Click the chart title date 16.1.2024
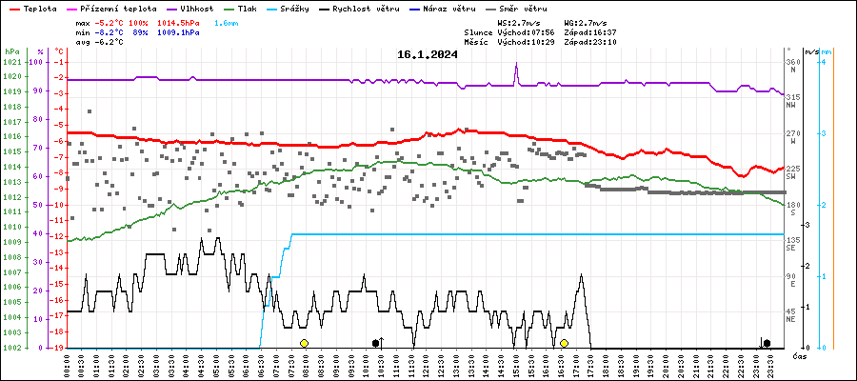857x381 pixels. tap(428, 54)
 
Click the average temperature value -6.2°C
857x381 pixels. tap(111, 42)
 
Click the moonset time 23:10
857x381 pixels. tap(604, 42)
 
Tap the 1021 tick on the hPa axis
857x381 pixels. tap(11, 62)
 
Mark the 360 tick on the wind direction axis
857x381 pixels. tap(792, 62)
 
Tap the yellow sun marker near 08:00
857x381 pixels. tap(304, 343)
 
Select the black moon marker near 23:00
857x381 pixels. tap(767, 343)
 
